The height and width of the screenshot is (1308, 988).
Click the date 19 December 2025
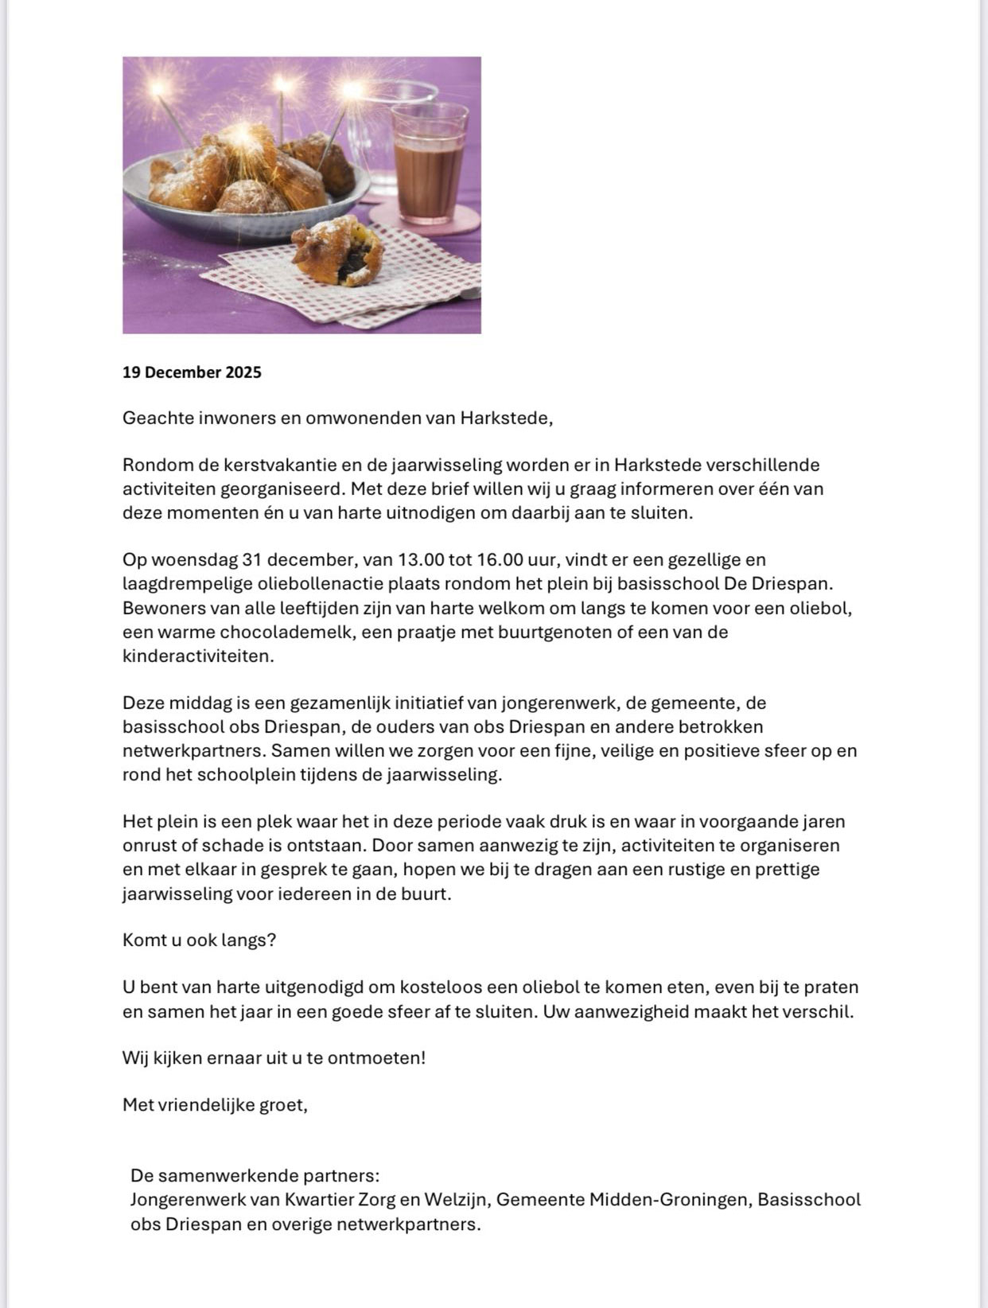pos(192,372)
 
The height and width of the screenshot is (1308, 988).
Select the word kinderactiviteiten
pos(198,656)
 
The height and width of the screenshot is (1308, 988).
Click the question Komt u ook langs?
pos(199,940)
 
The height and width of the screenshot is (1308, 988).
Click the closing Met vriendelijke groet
pos(215,1105)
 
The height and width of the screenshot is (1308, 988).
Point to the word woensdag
pos(191,560)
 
